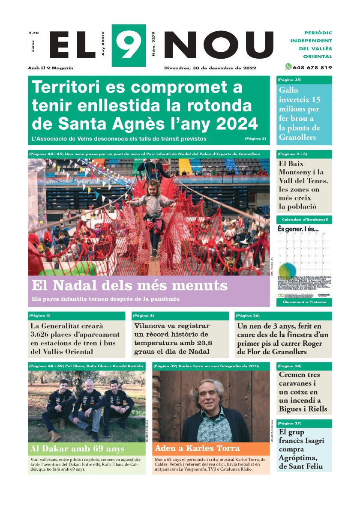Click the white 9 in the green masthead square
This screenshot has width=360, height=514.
(x=128, y=45)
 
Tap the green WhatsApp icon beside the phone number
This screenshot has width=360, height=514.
(x=288, y=67)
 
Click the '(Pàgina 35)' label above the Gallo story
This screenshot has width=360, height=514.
(x=290, y=80)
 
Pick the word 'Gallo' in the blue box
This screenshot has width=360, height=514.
(x=288, y=90)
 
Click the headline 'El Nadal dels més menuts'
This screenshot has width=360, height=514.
(x=129, y=286)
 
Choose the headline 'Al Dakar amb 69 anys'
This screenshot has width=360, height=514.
(x=78, y=449)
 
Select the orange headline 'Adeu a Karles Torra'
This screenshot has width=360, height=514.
(x=197, y=449)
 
